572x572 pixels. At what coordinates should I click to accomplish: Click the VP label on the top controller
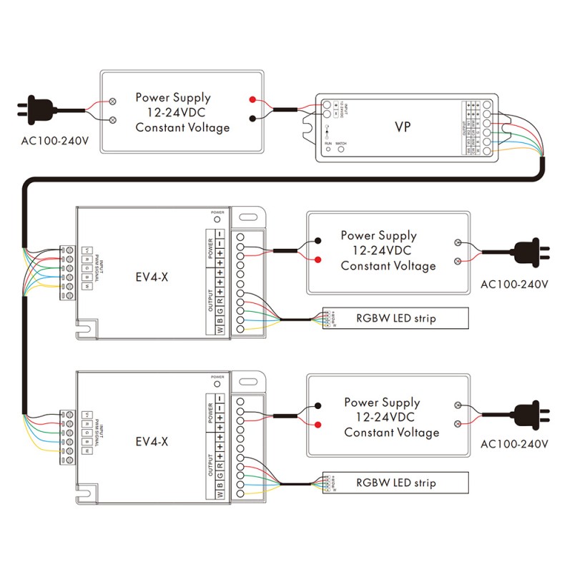click(x=403, y=127)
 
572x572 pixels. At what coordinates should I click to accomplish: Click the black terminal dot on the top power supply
click(x=252, y=119)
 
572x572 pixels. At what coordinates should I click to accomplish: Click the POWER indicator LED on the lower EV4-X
click(x=217, y=385)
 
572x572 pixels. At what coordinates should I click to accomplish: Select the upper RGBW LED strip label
click(x=395, y=317)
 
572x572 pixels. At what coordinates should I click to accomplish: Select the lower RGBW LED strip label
click(x=395, y=483)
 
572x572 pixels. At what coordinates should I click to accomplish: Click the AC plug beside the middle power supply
click(x=530, y=252)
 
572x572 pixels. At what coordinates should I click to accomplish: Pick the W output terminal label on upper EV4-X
click(x=220, y=330)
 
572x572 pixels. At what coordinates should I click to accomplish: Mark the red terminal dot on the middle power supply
click(x=317, y=259)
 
